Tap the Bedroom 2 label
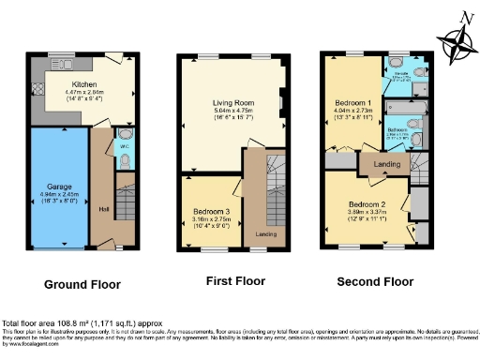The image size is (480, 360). tap(367, 203)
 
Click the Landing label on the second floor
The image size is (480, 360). tap(387, 165)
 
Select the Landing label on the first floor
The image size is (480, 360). tap(265, 232)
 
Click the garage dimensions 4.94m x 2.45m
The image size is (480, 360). tap(59, 194)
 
